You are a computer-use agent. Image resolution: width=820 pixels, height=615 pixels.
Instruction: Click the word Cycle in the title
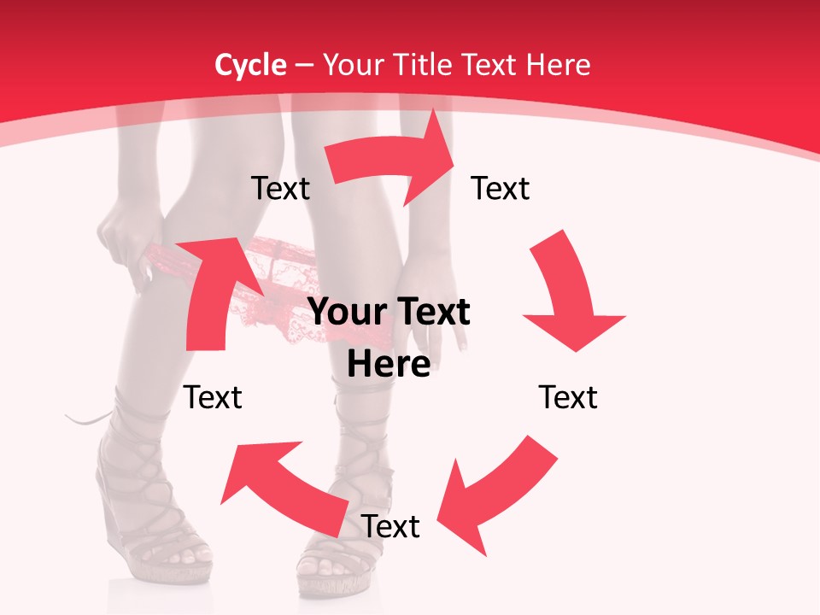(250, 65)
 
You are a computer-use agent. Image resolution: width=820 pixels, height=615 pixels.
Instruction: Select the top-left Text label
(280, 189)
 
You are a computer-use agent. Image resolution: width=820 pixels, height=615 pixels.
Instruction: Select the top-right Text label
(501, 189)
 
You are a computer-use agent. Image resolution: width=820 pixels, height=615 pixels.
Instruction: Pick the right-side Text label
(568, 397)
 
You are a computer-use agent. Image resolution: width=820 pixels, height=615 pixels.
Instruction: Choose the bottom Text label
(390, 526)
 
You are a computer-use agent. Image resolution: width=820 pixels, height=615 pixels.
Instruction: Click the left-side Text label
(214, 397)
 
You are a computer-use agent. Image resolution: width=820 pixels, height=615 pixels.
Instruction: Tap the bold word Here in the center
(389, 364)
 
